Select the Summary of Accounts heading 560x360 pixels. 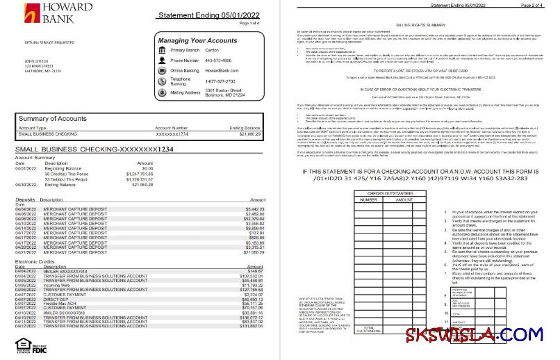(x=52, y=118)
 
